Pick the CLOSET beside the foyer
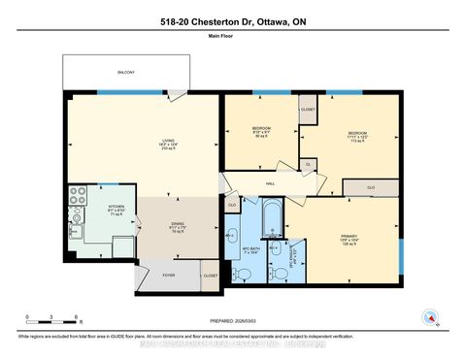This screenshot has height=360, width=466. [211, 276]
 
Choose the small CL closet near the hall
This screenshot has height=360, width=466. [308, 165]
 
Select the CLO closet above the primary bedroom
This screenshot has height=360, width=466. [371, 185]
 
